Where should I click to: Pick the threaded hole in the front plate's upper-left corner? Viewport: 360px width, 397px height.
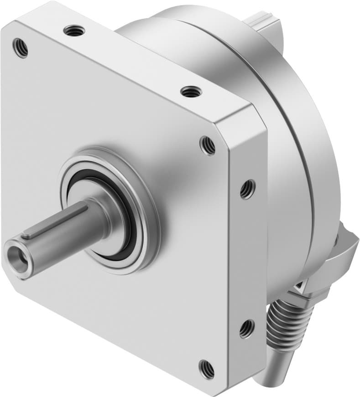pos(20,48)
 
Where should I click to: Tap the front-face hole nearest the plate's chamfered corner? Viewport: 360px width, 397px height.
pos(208,145)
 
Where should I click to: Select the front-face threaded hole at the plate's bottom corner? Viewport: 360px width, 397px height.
pos(207,368)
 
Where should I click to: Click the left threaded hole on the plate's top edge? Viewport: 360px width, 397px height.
pos(74,31)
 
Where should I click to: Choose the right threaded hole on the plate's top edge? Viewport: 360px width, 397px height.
pos(191,92)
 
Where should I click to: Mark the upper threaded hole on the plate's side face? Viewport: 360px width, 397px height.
pos(247,189)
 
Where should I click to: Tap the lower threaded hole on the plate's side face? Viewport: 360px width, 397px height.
pos(246,328)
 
